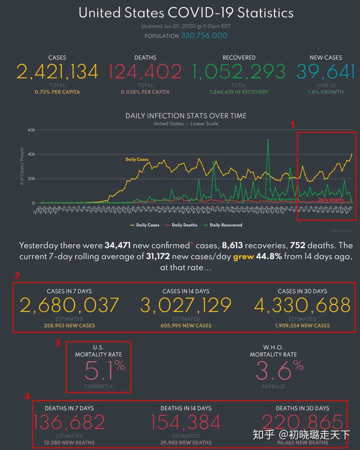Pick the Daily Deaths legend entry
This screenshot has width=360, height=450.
tap(184, 225)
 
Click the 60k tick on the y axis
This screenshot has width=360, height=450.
tap(30, 130)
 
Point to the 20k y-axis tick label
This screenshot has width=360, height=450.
tap(30, 178)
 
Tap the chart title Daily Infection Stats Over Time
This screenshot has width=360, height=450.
tap(186, 115)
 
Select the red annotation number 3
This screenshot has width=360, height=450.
tap(58, 343)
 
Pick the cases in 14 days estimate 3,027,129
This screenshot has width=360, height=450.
tap(186, 305)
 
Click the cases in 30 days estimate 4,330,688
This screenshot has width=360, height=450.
tap(302, 305)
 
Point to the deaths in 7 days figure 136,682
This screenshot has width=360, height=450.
tap(69, 422)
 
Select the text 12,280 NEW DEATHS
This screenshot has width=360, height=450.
tap(69, 442)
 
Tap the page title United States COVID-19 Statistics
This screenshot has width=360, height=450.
tap(186, 13)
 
